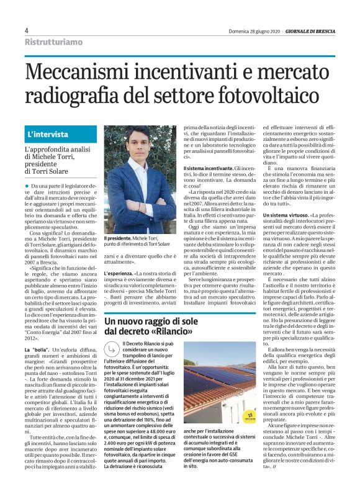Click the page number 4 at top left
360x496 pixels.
(27, 30)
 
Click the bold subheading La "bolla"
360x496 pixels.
(38, 350)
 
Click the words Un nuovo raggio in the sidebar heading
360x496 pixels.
(132, 322)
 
